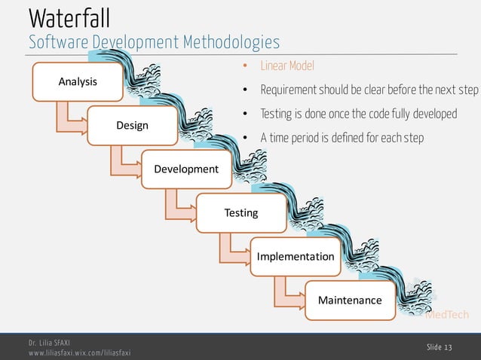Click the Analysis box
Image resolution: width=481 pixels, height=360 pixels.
(x=77, y=81)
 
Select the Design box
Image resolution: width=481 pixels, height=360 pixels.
(x=131, y=125)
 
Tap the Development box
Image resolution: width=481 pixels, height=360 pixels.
(x=185, y=169)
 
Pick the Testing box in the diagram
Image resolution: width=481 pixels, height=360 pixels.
(x=240, y=212)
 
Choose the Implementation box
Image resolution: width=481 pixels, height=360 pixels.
(x=295, y=256)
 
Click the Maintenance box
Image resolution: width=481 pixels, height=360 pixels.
(x=349, y=300)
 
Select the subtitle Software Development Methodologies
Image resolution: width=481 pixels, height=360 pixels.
(x=154, y=42)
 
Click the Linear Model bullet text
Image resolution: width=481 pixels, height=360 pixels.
(x=286, y=66)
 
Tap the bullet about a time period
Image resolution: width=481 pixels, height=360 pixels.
(x=342, y=138)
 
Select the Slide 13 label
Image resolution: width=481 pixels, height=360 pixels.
(x=439, y=346)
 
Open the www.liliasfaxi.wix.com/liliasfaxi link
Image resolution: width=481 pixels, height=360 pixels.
(x=79, y=352)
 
